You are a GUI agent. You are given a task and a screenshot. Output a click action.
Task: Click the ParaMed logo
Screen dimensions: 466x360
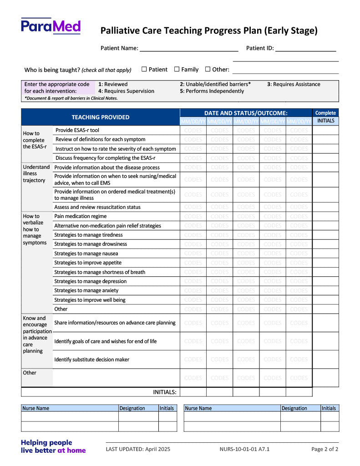click(x=51, y=26)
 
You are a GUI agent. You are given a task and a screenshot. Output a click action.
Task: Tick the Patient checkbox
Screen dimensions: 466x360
click(x=144, y=69)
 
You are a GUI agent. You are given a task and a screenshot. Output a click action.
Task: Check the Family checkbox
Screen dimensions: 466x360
click(x=177, y=69)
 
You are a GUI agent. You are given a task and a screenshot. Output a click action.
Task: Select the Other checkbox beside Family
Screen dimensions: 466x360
click(x=208, y=69)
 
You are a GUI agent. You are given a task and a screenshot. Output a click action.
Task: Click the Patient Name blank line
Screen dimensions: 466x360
click(x=188, y=49)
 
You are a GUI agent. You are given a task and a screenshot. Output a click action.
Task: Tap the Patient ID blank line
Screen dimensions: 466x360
click(x=305, y=49)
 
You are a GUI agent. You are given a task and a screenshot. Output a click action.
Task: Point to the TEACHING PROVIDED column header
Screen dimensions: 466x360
click(x=101, y=117)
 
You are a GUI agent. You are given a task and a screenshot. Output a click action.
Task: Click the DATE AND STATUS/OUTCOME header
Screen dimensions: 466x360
click(x=246, y=113)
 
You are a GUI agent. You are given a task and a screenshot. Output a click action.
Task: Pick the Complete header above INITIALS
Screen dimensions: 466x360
click(x=325, y=113)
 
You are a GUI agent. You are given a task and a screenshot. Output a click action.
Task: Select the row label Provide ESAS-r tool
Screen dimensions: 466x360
click(x=77, y=130)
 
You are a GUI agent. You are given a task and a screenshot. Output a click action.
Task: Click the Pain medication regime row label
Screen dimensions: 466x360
click(x=81, y=216)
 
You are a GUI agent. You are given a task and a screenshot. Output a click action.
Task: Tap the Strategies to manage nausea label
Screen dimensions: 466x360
click(x=86, y=253)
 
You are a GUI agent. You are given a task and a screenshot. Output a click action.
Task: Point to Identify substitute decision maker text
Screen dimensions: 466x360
click(x=91, y=360)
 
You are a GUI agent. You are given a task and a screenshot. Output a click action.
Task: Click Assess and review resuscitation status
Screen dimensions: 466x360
click(x=97, y=207)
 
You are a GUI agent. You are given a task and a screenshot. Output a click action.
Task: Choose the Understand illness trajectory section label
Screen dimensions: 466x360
click(x=36, y=173)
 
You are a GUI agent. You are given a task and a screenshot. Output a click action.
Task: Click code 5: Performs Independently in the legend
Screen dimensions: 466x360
click(x=212, y=91)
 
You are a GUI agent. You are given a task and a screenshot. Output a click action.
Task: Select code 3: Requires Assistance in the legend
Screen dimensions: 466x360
click(x=294, y=84)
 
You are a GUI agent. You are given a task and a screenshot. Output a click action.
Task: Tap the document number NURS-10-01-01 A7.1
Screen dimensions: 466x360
click(x=244, y=449)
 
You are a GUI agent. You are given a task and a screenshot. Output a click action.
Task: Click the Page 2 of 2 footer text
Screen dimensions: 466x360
click(x=325, y=449)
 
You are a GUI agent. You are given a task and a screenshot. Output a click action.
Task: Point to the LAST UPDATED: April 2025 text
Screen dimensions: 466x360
click(x=138, y=449)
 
